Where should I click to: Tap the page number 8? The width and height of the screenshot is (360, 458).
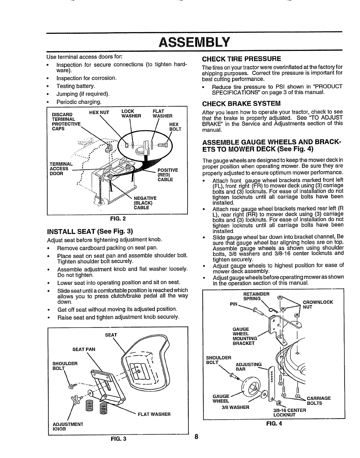[196, 445]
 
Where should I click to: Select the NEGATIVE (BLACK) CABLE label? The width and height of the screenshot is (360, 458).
[144, 203]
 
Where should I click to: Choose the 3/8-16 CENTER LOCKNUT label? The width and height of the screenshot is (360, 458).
[289, 412]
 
